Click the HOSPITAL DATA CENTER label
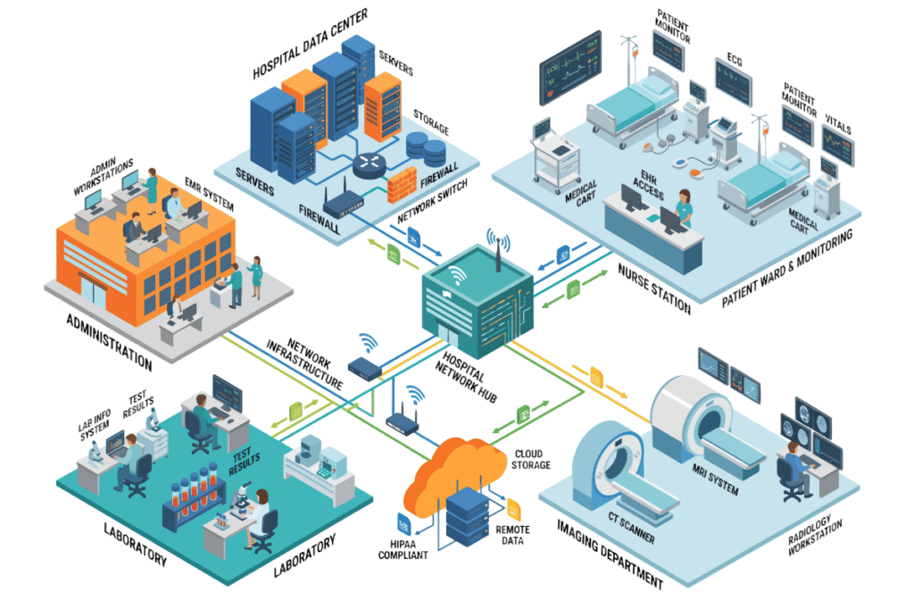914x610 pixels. pyautogui.click(x=310, y=44)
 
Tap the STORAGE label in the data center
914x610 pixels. pyautogui.click(x=431, y=121)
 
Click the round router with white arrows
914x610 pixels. pyautogui.click(x=369, y=165)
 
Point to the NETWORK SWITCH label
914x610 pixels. pyautogui.click(x=433, y=201)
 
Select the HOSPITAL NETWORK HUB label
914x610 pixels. pyautogui.click(x=466, y=377)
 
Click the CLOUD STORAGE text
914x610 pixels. pyautogui.click(x=530, y=460)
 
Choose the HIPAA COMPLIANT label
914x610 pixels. pyautogui.click(x=403, y=549)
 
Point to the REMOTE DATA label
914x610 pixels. pyautogui.click(x=512, y=535)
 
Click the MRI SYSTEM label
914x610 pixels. pyautogui.click(x=715, y=479)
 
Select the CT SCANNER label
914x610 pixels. pyautogui.click(x=631, y=527)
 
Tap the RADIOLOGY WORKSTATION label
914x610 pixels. pyautogui.click(x=815, y=535)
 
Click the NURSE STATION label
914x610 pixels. pyautogui.click(x=654, y=288)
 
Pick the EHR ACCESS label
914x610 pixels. pyautogui.click(x=648, y=184)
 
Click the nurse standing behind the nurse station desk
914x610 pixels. pyautogui.click(x=683, y=208)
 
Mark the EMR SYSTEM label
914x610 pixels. pyautogui.click(x=209, y=194)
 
